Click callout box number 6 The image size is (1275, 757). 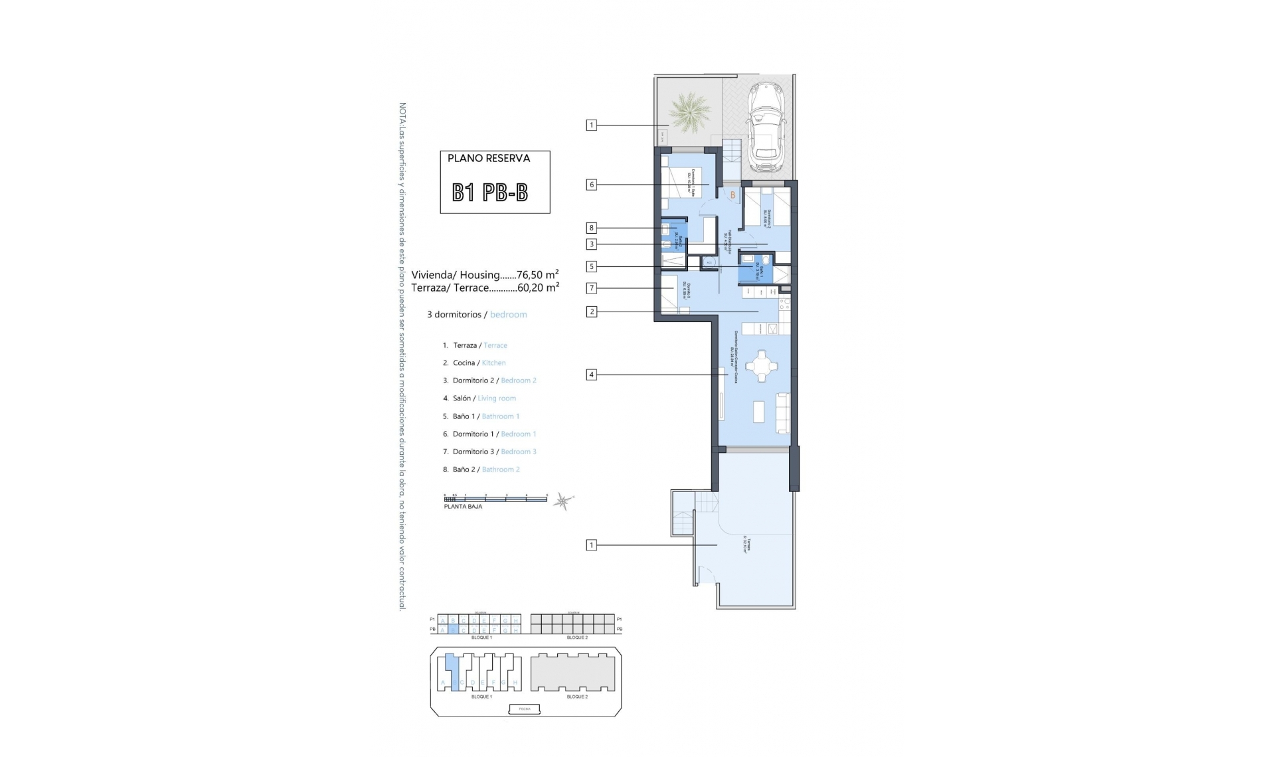(x=591, y=185)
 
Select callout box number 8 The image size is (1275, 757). (x=591, y=228)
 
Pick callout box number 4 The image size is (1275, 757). (x=591, y=375)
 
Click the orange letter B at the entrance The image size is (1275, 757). (x=733, y=195)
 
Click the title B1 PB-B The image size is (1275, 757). (x=490, y=193)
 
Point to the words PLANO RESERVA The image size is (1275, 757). (x=489, y=159)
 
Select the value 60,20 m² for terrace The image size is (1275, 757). (x=538, y=288)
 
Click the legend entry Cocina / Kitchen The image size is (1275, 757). (x=479, y=363)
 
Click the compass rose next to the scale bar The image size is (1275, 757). (x=563, y=501)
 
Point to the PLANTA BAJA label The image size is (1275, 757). (x=463, y=507)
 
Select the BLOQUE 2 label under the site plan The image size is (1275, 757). (x=577, y=697)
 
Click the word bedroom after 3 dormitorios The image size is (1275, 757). (x=508, y=315)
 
